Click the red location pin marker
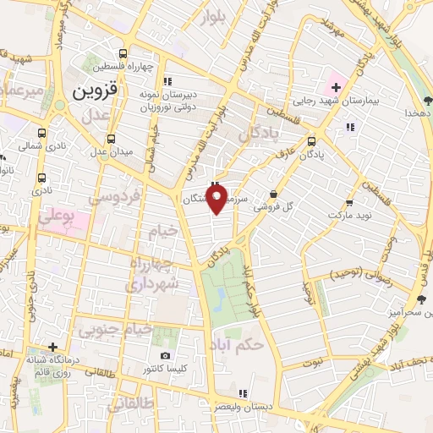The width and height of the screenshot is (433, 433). (217, 200)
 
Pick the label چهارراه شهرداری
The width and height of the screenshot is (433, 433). (154, 275)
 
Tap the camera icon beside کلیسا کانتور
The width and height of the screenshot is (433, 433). (165, 355)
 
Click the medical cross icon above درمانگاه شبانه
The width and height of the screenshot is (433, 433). (53, 347)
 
